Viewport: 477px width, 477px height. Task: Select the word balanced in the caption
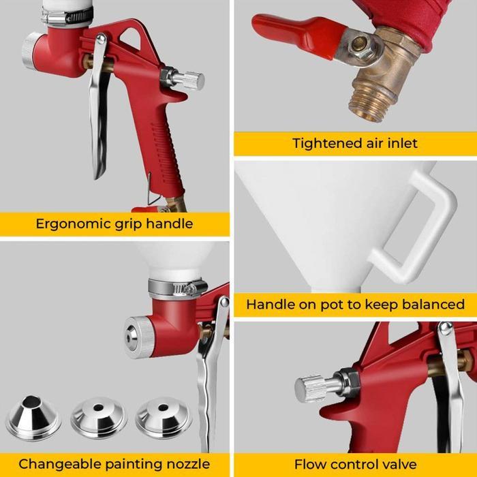(x=433, y=305)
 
